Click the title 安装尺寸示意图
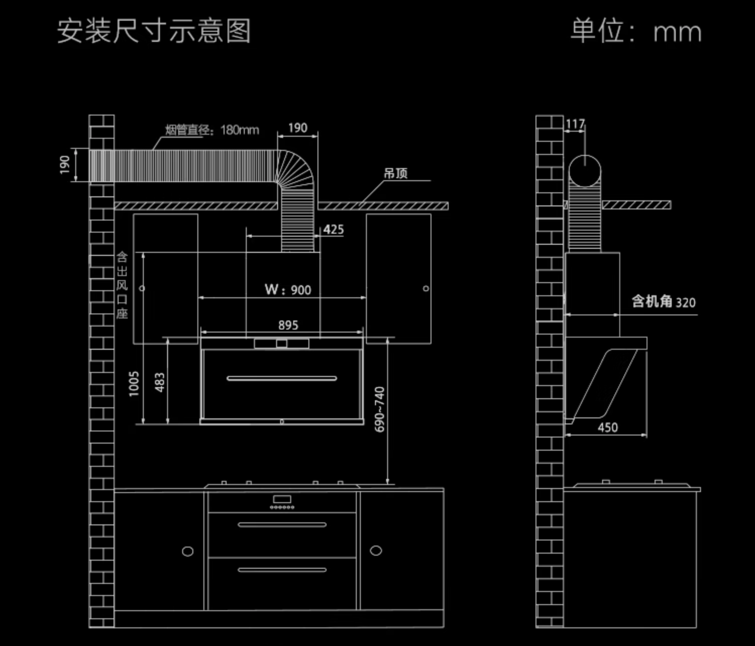[x=154, y=31]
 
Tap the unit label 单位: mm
[x=636, y=31]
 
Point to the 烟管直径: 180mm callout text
[x=212, y=130]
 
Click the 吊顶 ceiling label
[x=396, y=174]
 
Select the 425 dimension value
[x=333, y=230]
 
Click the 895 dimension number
[x=288, y=326]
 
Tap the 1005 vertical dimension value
[x=134, y=384]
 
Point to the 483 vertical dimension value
[x=159, y=383]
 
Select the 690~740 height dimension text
[x=380, y=409]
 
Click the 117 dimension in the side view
[x=575, y=124]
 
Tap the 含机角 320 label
[x=664, y=302]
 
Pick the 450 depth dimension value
[x=608, y=427]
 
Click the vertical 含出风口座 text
[x=122, y=285]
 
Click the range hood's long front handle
[x=282, y=378]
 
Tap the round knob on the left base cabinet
[x=188, y=551]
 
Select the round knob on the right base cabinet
[x=376, y=551]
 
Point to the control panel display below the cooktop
[x=282, y=500]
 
